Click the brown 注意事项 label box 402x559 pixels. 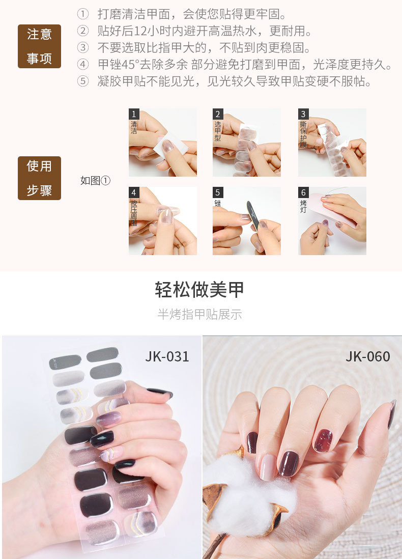[39, 46]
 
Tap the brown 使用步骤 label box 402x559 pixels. [39, 178]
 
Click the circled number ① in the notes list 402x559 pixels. [82, 14]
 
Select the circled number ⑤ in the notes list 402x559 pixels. [82, 81]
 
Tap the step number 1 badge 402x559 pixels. [134, 114]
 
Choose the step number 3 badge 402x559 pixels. [303, 114]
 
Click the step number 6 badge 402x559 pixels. [303, 192]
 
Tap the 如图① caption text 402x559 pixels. [95, 180]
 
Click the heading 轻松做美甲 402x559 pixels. [199, 289]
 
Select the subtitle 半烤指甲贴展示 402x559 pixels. [199, 314]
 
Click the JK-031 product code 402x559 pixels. [167, 356]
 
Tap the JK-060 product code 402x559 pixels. [368, 356]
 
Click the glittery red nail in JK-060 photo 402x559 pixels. [323, 441]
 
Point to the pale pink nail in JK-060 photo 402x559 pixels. [268, 467]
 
